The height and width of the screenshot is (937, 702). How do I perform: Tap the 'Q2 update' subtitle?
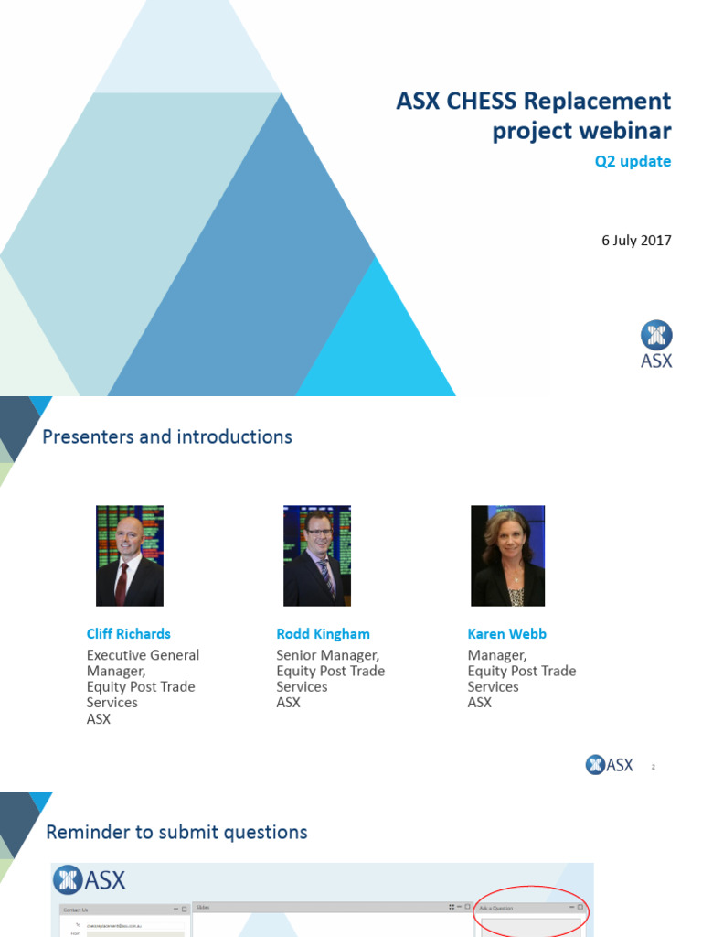click(633, 161)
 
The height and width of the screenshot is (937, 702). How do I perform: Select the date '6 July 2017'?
click(636, 241)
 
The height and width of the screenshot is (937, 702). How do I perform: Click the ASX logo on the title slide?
click(655, 344)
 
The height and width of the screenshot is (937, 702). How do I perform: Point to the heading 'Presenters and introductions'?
click(167, 436)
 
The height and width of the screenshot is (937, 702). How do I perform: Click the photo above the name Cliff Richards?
click(130, 555)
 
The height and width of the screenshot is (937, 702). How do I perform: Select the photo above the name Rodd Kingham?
click(317, 555)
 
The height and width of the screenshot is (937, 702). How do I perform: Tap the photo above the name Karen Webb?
click(507, 555)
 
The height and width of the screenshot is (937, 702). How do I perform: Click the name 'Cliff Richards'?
click(128, 633)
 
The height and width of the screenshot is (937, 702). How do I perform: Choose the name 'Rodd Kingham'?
click(322, 633)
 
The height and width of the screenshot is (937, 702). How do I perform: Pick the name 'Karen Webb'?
click(506, 633)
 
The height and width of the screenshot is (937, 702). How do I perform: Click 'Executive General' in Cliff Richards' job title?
click(143, 655)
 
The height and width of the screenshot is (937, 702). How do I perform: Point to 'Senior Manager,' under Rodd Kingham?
click(327, 655)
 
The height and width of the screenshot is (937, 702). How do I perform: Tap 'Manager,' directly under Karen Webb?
click(496, 655)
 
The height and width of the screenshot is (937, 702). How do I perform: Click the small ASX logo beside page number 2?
click(609, 765)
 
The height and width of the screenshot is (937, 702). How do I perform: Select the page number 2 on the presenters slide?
click(654, 767)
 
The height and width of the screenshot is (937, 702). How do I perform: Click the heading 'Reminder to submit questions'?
click(176, 832)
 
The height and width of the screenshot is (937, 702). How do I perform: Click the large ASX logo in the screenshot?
click(90, 880)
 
